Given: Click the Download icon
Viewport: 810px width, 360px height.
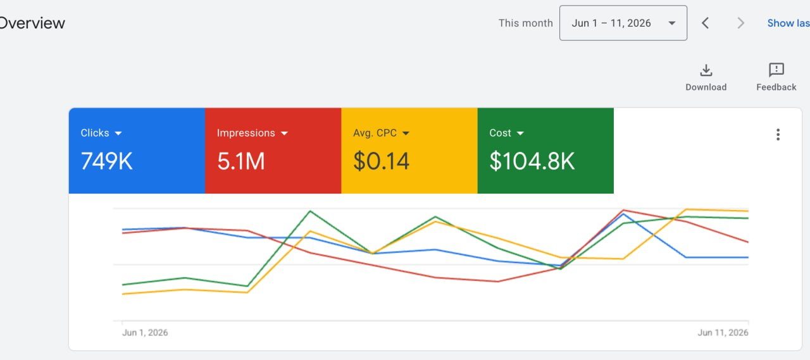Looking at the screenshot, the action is click(706, 70).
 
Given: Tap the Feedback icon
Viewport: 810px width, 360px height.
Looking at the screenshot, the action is click(776, 70).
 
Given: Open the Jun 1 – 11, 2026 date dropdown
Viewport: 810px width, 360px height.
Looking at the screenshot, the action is click(623, 23).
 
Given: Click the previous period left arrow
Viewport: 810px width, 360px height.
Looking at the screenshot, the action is click(705, 23).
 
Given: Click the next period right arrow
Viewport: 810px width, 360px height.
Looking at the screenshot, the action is click(740, 23).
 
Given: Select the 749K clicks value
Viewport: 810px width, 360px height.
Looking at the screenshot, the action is click(107, 161).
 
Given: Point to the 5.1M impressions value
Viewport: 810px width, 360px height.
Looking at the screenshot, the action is click(241, 161).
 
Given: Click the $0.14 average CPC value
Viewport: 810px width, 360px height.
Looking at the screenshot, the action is click(381, 161).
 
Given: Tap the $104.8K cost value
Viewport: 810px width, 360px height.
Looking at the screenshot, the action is click(532, 161).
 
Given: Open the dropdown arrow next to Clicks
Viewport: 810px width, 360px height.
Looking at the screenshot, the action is click(118, 133).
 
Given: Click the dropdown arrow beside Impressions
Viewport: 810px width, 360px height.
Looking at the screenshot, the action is click(284, 133).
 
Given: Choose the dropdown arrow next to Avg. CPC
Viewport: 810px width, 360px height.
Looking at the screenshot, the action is click(406, 133).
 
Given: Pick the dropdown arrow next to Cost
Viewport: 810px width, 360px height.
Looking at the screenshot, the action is click(520, 133).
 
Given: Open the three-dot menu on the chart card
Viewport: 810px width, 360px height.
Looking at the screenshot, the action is click(778, 135).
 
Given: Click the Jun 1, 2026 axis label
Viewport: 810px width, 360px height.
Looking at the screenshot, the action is click(145, 333).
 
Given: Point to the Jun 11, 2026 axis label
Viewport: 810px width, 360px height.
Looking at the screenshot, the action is click(723, 333).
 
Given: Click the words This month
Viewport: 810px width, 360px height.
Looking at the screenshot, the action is click(525, 23).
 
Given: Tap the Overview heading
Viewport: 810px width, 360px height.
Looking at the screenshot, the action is click(32, 23).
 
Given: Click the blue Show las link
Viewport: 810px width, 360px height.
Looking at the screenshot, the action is click(788, 23).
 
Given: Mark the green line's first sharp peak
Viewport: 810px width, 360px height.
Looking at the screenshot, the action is click(310, 211).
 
